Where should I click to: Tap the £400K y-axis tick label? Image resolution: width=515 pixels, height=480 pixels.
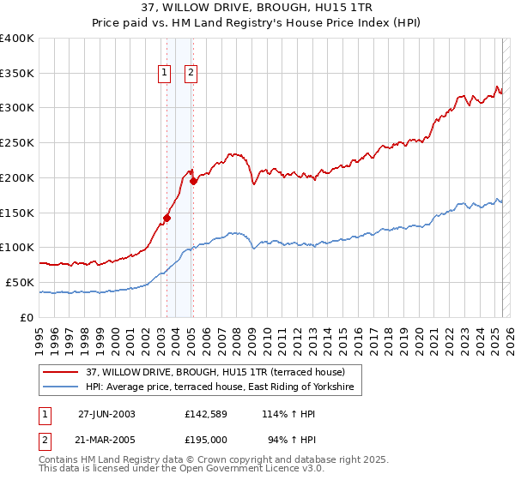(x=17, y=39)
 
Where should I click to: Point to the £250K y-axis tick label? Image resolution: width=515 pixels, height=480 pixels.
(x=17, y=143)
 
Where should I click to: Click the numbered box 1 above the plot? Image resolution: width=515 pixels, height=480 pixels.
(x=163, y=74)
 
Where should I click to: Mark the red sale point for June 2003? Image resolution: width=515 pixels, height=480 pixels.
(x=167, y=218)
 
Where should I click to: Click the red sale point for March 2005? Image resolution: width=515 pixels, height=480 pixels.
(x=193, y=181)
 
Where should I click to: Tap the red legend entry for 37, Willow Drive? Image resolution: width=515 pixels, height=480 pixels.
(x=215, y=372)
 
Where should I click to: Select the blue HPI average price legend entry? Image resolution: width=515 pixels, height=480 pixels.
(x=223, y=387)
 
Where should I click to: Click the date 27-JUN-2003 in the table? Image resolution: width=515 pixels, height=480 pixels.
(x=106, y=413)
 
